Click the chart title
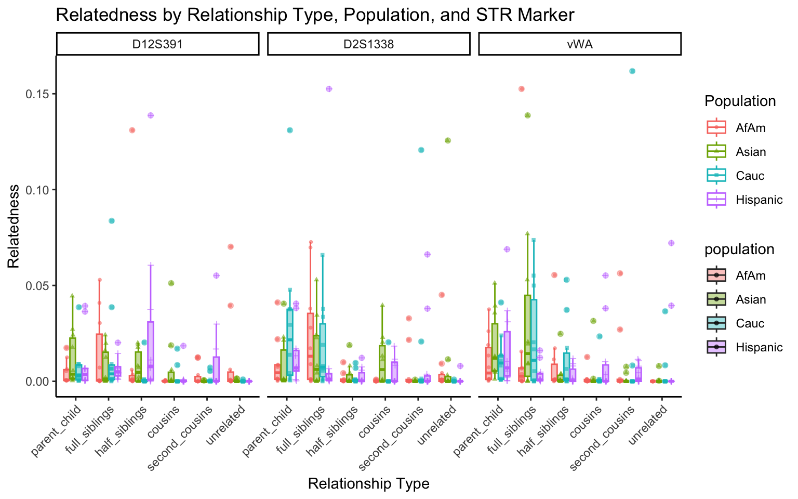click(x=315, y=15)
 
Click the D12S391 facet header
click(x=157, y=44)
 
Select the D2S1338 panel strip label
click(x=369, y=44)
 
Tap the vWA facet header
click(x=580, y=44)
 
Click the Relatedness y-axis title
click(x=14, y=226)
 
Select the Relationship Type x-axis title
click(x=369, y=484)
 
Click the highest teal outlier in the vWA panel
click(x=632, y=71)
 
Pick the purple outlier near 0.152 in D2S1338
click(x=329, y=89)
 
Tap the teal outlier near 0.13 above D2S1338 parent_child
click(x=290, y=130)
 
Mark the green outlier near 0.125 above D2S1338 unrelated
click(x=448, y=140)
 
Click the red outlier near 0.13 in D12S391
click(x=132, y=130)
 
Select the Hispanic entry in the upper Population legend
click(x=759, y=200)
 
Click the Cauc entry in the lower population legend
click(x=750, y=323)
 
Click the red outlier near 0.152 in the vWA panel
click(x=522, y=89)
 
